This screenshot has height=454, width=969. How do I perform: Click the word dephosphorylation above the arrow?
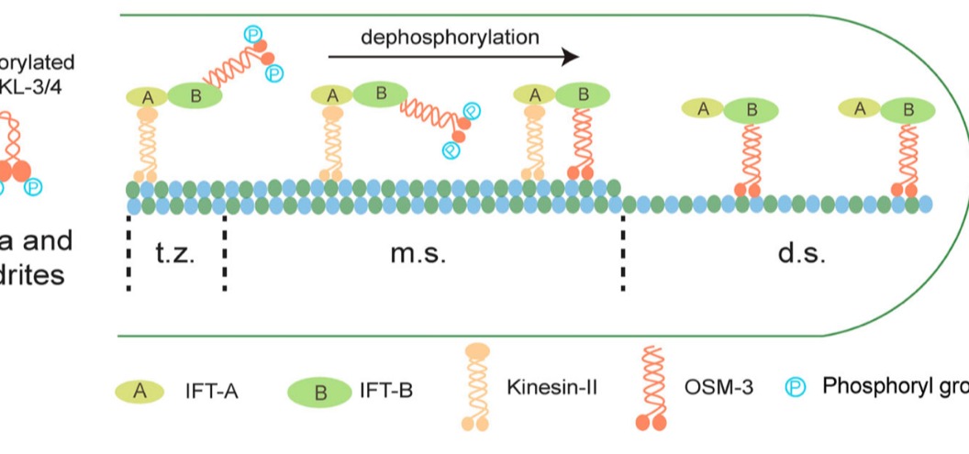(x=449, y=38)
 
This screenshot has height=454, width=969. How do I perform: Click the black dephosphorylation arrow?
(x=453, y=57)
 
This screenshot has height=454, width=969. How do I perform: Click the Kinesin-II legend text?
(x=551, y=386)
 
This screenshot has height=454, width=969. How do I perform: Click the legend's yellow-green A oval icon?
(x=140, y=390)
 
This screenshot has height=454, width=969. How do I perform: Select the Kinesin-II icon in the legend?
(x=475, y=386)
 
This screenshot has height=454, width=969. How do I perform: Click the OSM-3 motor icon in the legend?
(x=651, y=387)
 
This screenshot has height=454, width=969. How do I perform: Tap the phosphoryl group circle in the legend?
(x=796, y=387)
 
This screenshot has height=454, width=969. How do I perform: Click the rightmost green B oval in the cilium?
(x=908, y=110)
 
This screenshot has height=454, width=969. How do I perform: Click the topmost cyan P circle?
(x=252, y=33)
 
